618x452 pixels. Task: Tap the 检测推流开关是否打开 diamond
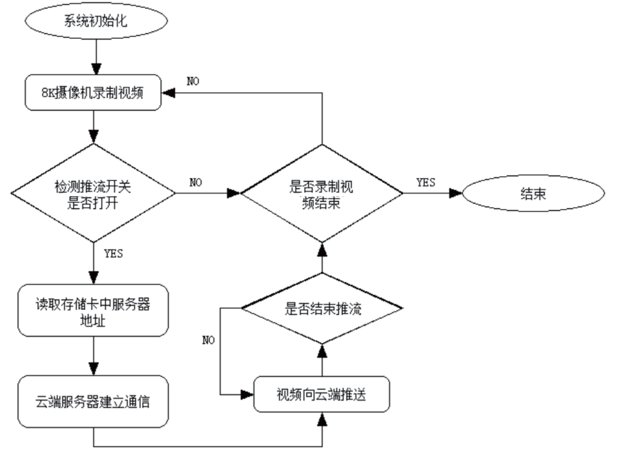(x=93, y=194)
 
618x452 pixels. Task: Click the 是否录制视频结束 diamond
(x=322, y=194)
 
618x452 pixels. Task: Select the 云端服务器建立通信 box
(x=93, y=401)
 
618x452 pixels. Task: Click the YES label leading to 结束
(x=425, y=182)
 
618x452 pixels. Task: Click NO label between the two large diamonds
(x=195, y=182)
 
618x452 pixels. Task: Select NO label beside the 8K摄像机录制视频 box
(x=193, y=81)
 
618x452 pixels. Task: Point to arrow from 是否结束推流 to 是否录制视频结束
(x=322, y=259)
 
